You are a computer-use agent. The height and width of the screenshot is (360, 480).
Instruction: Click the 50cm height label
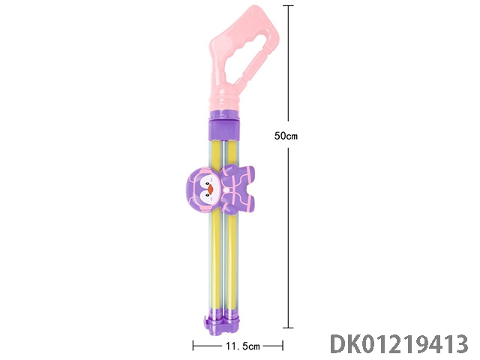click(286, 136)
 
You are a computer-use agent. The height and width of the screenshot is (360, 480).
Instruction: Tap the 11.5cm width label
click(243, 346)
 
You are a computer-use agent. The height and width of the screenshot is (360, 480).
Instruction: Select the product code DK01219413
click(399, 344)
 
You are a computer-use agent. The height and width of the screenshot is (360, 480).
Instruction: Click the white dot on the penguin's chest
click(226, 190)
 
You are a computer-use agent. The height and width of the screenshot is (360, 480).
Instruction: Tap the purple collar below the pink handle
click(223, 125)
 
